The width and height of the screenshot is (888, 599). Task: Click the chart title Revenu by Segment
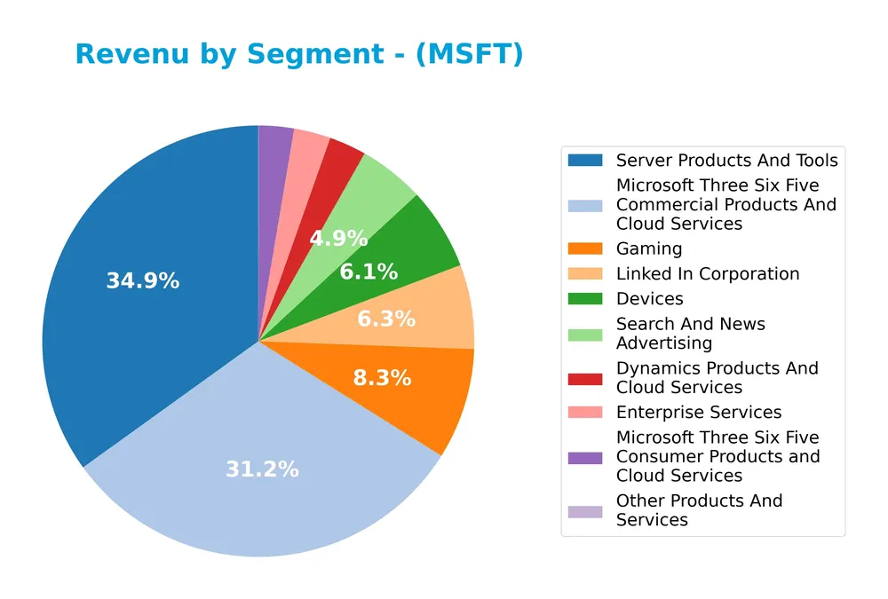299,54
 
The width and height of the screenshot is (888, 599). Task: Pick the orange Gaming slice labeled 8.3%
400,390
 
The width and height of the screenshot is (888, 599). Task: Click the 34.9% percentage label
142,281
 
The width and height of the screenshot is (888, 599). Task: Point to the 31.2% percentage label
262,469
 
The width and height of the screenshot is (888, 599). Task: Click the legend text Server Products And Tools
726,161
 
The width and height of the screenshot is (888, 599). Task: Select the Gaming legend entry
649,249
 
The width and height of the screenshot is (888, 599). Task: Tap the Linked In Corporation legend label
708,274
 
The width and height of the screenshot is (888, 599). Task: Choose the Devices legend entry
649,299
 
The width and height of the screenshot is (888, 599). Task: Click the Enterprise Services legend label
699,413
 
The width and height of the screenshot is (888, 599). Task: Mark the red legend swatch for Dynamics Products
585,378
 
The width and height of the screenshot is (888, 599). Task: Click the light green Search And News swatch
585,334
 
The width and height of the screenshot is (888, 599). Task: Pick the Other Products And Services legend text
699,510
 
